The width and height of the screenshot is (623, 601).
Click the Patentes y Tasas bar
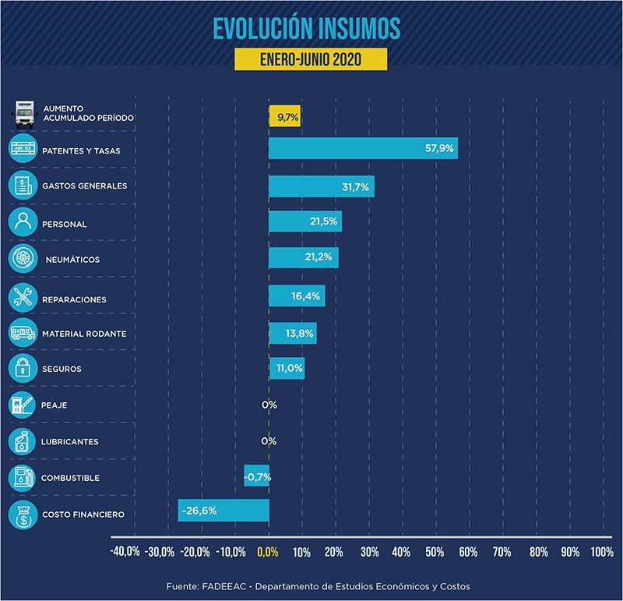tap(363, 148)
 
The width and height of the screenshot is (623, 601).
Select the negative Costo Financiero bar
tap(224, 511)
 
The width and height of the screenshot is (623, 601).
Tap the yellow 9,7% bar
tap(285, 117)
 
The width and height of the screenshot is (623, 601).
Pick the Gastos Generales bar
tap(321, 186)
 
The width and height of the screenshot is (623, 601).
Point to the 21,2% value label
tap(320, 259)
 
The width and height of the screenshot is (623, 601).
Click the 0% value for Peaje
tap(269, 405)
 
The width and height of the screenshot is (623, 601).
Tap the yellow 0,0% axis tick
tap(266, 553)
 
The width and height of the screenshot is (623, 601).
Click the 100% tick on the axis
tap(601, 553)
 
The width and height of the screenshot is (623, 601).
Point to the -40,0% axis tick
tap(125, 553)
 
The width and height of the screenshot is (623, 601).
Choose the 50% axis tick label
tap(435, 553)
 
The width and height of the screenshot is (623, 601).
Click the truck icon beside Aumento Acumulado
tap(25, 113)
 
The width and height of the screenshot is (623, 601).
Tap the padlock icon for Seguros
tap(22, 368)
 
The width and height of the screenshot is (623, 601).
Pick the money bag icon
tap(22, 514)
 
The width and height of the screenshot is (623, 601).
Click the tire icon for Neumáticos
tap(22, 259)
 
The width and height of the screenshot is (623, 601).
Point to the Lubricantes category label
tap(70, 442)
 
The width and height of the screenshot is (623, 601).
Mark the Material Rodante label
tap(84, 334)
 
